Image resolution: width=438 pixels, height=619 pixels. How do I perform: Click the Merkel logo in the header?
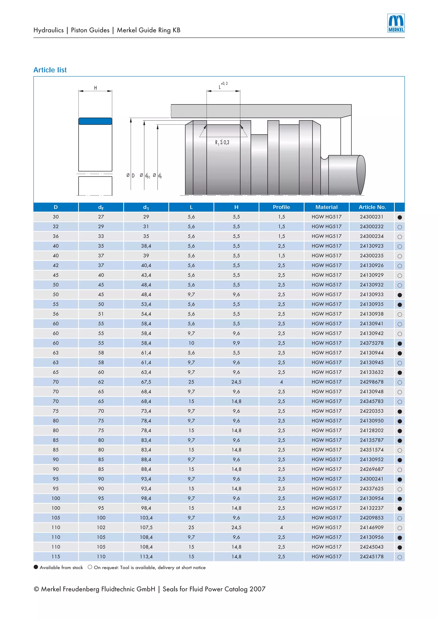click(396, 23)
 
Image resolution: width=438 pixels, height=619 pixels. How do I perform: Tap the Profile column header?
click(281, 207)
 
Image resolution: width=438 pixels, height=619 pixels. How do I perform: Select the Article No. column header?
click(372, 207)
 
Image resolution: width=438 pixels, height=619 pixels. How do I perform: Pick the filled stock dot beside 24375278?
click(400, 343)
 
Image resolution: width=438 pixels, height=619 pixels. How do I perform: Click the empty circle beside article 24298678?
click(400, 382)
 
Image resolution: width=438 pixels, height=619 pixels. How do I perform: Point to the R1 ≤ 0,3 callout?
click(222, 142)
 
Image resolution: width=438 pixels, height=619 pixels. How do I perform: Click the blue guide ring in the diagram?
click(95, 121)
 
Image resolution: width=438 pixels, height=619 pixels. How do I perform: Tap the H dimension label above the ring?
click(95, 88)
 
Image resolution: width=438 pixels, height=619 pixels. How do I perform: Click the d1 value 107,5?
click(146, 527)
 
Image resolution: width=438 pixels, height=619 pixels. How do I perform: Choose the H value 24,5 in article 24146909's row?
click(236, 527)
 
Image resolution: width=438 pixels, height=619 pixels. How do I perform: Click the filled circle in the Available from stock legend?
click(36, 567)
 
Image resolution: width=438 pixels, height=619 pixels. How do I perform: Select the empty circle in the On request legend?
click(90, 567)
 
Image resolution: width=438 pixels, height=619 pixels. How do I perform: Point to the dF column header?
click(101, 207)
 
